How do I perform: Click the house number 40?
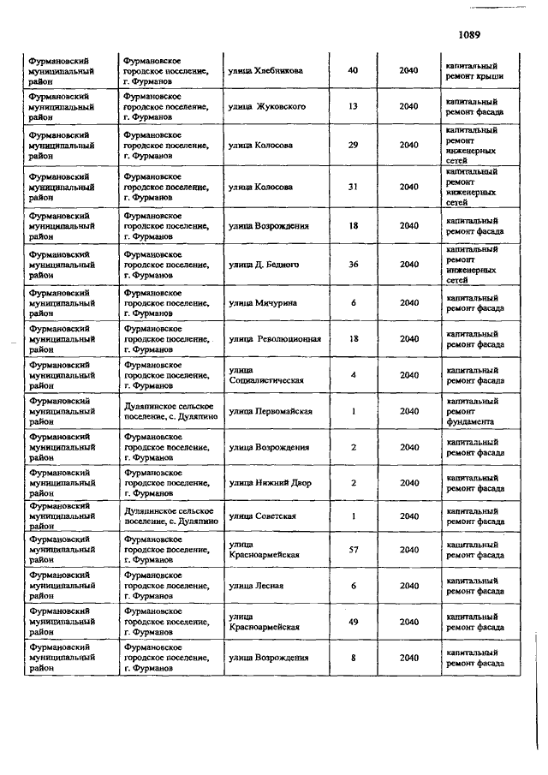coord(353,71)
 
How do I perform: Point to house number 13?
coord(353,107)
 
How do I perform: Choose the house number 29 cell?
coord(353,146)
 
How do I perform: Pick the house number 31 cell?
coord(353,188)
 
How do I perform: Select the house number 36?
coord(353,265)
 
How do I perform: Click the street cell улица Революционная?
coord(275,339)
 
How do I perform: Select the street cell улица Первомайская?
coord(270,411)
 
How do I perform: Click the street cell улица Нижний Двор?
coord(270,483)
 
